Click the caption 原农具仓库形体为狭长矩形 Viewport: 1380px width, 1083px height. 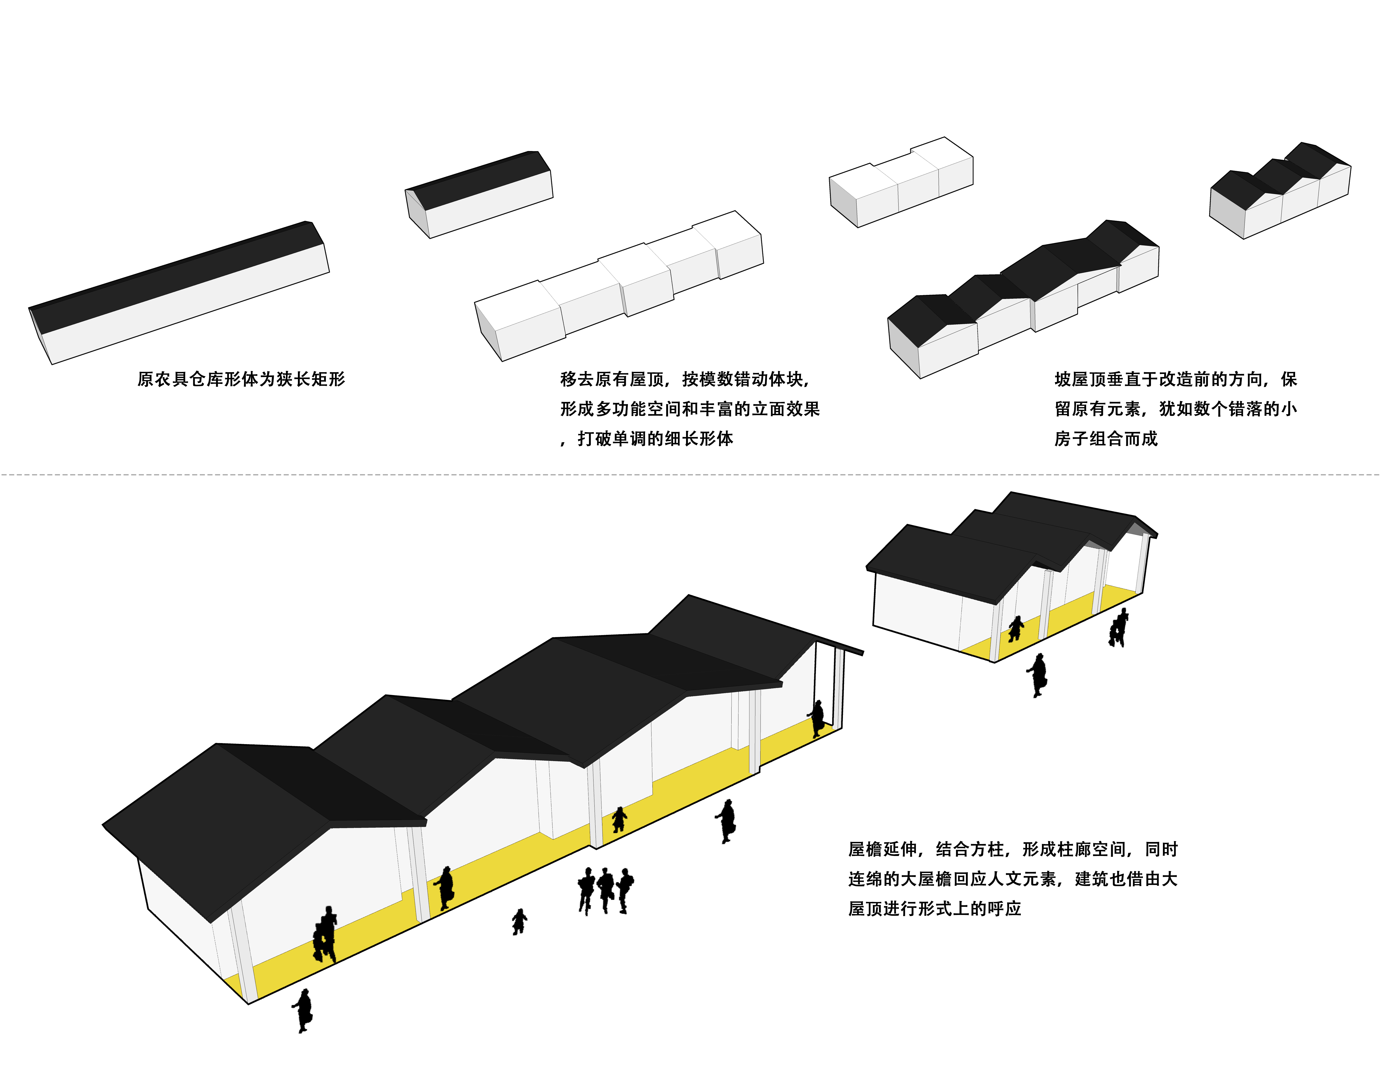pos(241,379)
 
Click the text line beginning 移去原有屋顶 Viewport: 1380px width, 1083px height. pos(685,379)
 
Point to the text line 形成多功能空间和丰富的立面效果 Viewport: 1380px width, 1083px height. pos(690,409)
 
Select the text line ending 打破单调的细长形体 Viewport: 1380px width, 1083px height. pos(647,439)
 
